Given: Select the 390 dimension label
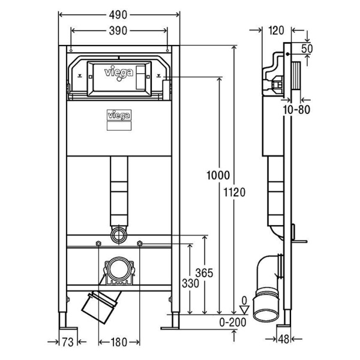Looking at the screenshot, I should pos(118,32).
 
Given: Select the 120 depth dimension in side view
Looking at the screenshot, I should pos(277,30).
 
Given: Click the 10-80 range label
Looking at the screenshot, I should pos(296,109).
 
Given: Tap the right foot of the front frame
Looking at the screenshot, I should pos(173,323).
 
